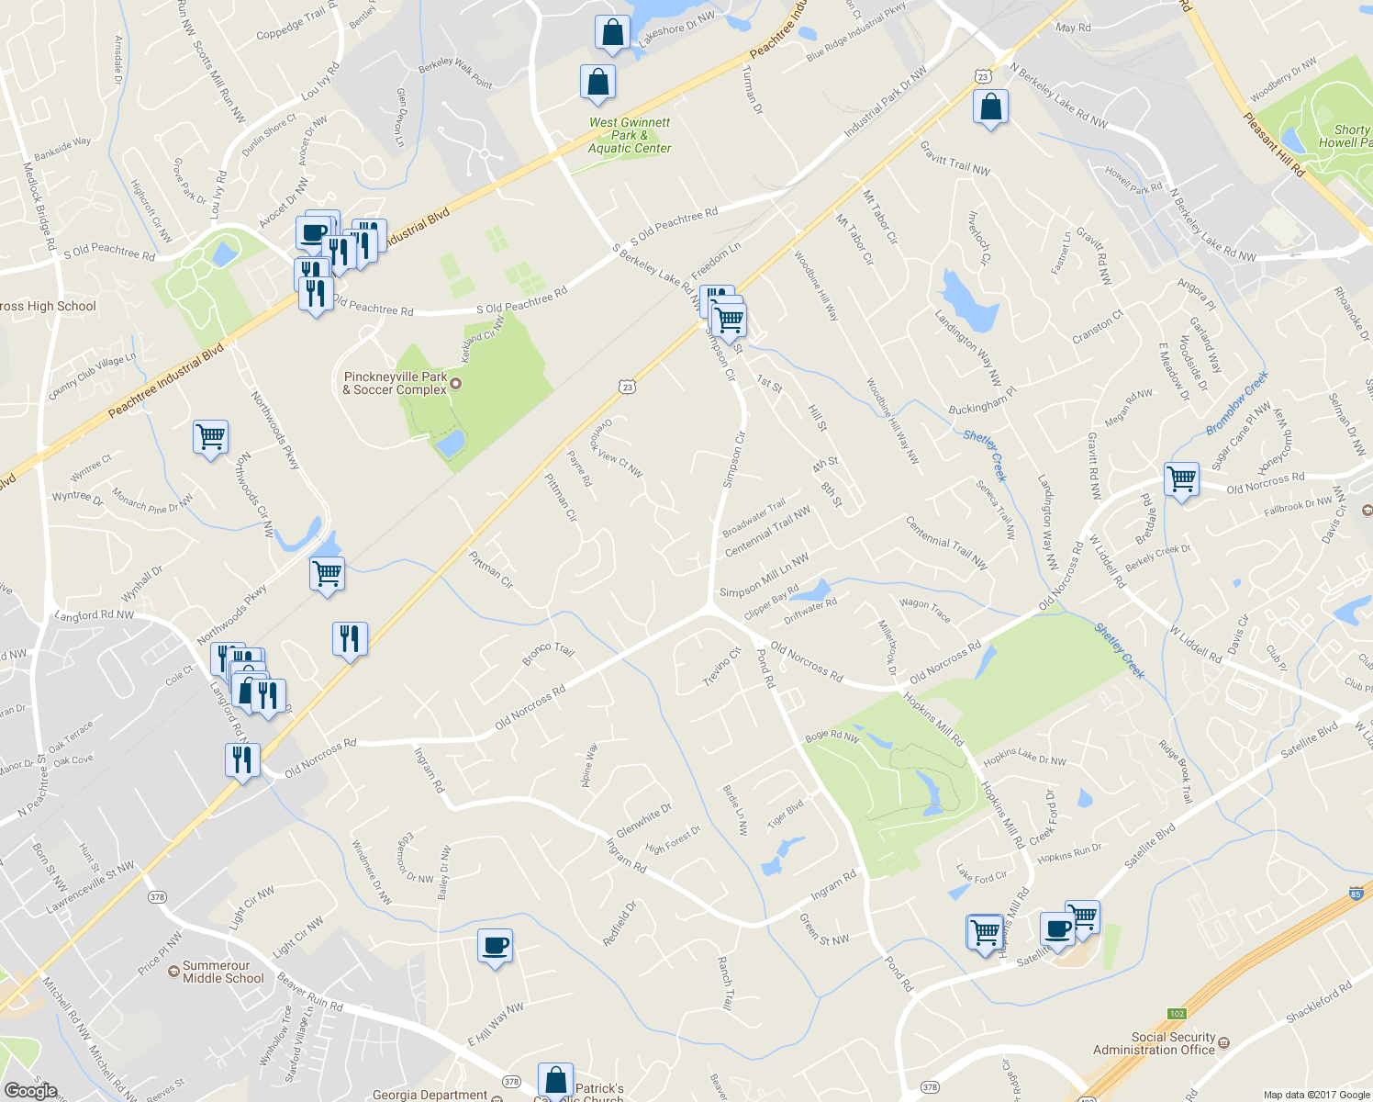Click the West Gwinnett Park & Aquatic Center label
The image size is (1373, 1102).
630,135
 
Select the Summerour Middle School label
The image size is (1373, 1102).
223,972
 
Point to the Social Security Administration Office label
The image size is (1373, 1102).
1154,1043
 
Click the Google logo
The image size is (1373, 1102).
30,1090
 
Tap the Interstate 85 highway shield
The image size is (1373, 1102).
1356,893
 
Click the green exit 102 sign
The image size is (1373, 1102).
1178,1014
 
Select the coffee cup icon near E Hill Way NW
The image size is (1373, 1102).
495,945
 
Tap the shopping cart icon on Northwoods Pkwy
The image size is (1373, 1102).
328,574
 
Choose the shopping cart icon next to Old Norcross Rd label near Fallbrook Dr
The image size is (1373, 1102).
1181,478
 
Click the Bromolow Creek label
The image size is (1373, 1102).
1236,403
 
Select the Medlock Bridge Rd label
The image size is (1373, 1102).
39,207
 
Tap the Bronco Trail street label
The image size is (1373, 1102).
548,654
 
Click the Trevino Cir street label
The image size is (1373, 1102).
721,668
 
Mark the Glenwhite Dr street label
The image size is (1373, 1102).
643,820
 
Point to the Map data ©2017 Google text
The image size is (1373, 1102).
1315,1095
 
